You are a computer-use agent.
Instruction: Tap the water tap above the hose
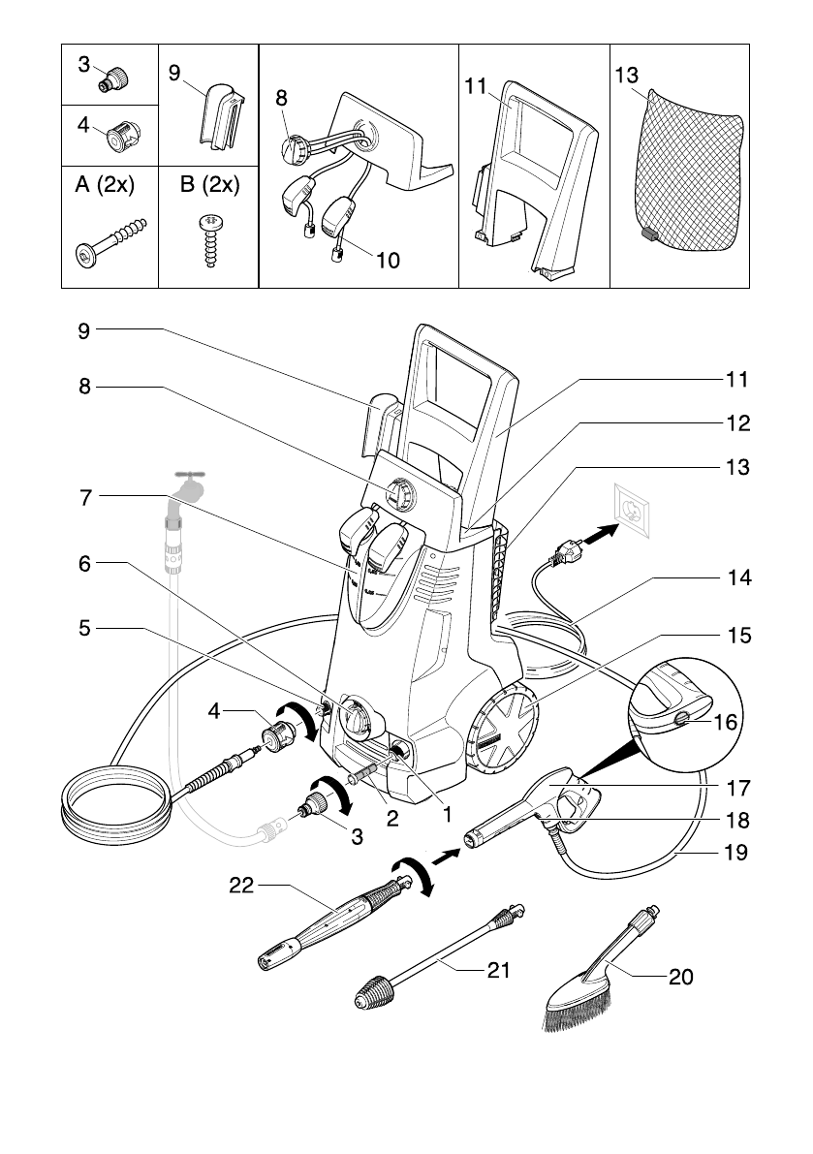click(x=190, y=484)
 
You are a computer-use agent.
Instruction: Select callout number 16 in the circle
click(x=725, y=722)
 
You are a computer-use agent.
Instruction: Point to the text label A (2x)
click(x=104, y=185)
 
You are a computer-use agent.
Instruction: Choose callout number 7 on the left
click(x=86, y=497)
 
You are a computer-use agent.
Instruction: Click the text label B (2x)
click(x=209, y=185)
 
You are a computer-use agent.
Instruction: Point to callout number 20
click(x=681, y=978)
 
